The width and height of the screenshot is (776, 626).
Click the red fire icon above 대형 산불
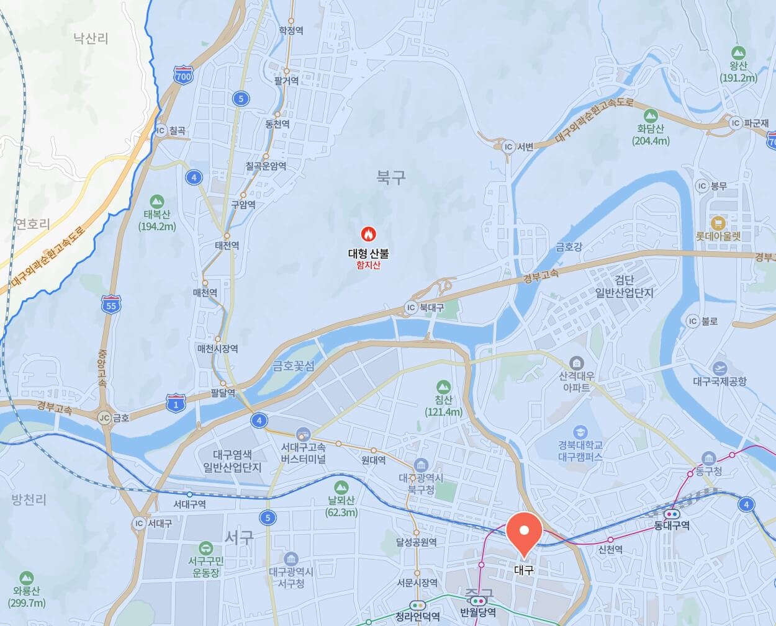[368, 234]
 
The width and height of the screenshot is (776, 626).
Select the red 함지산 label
[368, 266]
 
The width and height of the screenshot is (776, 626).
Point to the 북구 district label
[391, 177]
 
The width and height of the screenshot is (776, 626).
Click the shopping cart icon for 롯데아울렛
[718, 221]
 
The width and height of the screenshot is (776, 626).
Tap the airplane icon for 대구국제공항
[720, 367]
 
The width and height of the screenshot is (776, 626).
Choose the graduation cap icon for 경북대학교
[580, 431]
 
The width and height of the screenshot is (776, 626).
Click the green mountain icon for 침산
[443, 386]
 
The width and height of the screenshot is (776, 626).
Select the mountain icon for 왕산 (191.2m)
[738, 52]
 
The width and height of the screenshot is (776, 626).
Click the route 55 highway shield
[111, 305]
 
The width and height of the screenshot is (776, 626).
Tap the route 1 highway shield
[176, 404]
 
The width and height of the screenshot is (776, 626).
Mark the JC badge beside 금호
[104, 418]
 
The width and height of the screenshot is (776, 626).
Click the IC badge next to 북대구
[410, 307]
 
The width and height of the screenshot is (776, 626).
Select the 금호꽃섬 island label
[294, 366]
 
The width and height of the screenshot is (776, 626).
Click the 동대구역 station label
[672, 525]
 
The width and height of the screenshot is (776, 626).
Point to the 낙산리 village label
[91, 38]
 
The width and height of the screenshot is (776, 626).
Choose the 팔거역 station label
[286, 81]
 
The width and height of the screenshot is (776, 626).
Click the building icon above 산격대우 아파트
[576, 362]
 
